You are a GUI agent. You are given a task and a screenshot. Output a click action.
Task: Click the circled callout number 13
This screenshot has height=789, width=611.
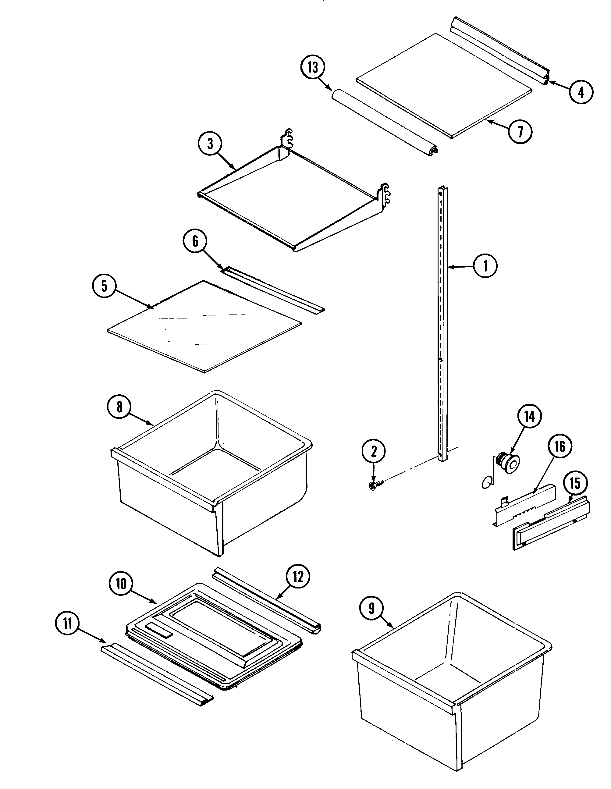pos(313,68)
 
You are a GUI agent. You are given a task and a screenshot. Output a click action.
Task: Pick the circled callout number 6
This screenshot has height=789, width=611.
pos(195,241)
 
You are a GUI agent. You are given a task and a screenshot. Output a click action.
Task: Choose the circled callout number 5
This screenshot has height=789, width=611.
pos(104,286)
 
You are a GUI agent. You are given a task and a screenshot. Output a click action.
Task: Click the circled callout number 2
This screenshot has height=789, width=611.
pos(374,451)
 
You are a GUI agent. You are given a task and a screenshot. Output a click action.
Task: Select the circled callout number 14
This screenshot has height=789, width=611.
pos(529,417)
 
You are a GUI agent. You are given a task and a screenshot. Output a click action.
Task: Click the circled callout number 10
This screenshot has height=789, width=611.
pos(121,583)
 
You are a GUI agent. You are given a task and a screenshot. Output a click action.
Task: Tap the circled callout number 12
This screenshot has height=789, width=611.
pos(298,577)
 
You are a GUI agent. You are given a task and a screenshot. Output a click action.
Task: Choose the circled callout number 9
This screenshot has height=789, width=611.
pos(371,608)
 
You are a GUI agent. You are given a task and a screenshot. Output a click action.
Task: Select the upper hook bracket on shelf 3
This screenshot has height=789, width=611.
pos(288,137)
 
